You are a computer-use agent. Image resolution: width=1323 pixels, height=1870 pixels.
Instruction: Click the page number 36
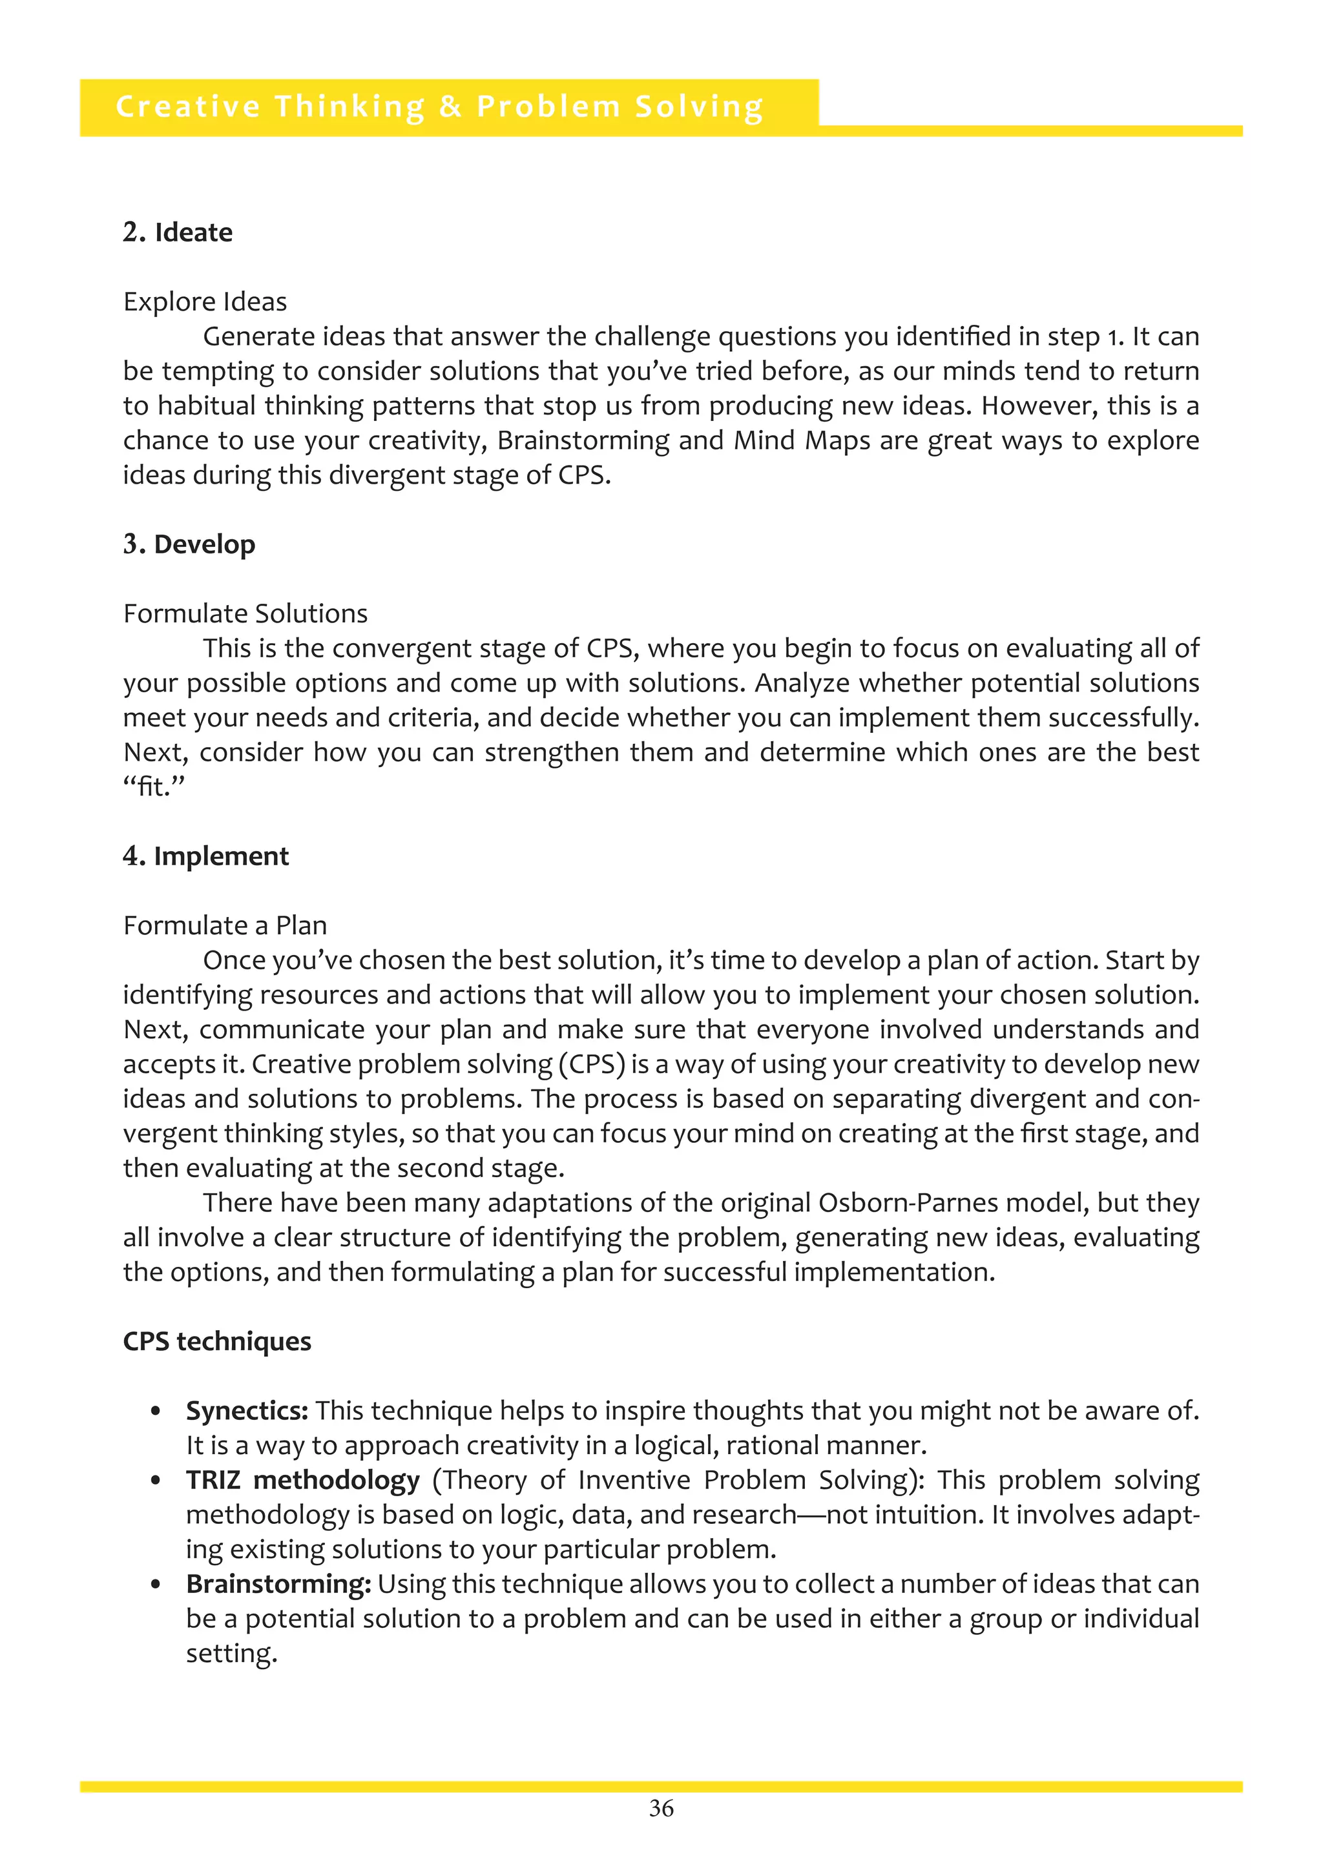(x=661, y=1809)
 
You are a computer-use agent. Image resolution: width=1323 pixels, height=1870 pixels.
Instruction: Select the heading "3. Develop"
(x=189, y=544)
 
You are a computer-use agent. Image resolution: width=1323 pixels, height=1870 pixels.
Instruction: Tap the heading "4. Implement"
(x=205, y=856)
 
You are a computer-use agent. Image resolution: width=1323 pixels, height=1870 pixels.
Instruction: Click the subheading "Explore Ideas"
(x=205, y=302)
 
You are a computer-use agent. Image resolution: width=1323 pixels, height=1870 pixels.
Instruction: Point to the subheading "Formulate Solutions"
(x=245, y=613)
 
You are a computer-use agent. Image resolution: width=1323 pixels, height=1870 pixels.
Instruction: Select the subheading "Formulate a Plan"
(x=225, y=925)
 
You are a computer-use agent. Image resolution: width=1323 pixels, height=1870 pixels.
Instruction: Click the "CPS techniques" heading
(x=216, y=1341)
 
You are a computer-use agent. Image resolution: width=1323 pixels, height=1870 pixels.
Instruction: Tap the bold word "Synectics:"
(x=247, y=1411)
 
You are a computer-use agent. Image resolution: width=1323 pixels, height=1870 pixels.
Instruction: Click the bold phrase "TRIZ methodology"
(x=302, y=1480)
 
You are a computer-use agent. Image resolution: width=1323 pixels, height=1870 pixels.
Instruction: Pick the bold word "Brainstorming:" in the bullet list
(x=278, y=1584)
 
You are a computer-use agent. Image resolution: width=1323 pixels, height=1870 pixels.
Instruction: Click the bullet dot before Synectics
(x=156, y=1412)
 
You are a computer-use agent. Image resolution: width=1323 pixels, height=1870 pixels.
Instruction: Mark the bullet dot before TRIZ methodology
(x=156, y=1481)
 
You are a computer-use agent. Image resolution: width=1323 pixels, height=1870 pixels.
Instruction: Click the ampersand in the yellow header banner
(x=450, y=107)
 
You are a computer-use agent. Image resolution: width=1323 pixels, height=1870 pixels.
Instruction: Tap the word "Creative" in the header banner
(x=188, y=107)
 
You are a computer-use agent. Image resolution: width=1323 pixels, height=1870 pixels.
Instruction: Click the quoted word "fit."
(x=154, y=786)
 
